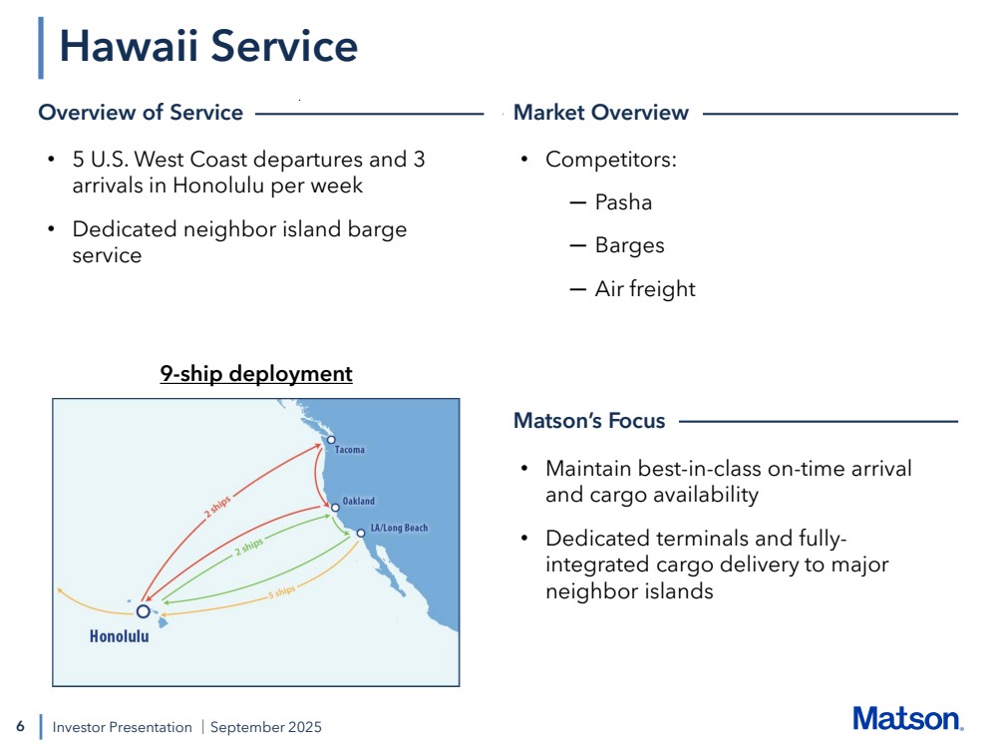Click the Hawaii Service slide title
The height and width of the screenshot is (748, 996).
[x=208, y=47]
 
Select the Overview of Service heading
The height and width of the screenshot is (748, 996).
[x=141, y=113]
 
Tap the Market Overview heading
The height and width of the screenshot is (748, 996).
[x=601, y=113]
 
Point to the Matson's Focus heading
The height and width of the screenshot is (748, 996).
[x=589, y=421]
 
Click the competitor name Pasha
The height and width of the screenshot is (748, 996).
[x=623, y=202]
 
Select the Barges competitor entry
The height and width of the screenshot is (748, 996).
[x=629, y=245]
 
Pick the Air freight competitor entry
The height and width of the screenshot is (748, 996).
[x=645, y=289]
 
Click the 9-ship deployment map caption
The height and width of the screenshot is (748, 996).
[x=256, y=374]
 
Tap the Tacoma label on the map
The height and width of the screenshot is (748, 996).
[x=350, y=450]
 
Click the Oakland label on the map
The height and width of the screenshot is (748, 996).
[x=359, y=501]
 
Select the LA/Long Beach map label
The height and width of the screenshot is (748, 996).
[x=399, y=528]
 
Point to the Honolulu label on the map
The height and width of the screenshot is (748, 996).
[x=119, y=636]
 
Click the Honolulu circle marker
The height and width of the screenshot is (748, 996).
[x=143, y=611]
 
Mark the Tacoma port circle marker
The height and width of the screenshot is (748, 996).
[x=331, y=440]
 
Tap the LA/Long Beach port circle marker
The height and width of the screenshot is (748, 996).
[x=361, y=534]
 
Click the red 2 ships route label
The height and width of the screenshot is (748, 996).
[x=217, y=507]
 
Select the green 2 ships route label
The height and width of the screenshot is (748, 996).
[x=248, y=547]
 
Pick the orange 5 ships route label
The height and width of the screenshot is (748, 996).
[x=281, y=591]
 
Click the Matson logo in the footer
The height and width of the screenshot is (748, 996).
[x=907, y=719]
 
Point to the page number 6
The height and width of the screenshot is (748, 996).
[x=20, y=726]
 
